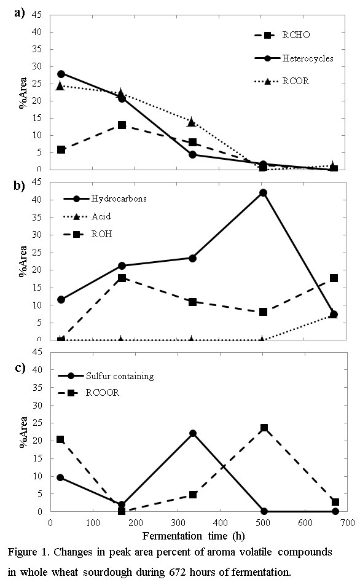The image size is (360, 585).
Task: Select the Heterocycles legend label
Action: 308,58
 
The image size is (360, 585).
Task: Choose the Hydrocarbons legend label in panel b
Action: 119,198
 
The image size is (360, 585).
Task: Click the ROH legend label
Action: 101,234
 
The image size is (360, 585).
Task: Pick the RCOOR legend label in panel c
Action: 102,393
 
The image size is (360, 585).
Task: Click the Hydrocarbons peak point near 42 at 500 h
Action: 263,193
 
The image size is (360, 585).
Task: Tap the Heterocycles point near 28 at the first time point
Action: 61,74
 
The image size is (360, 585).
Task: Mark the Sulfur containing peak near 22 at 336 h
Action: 193,434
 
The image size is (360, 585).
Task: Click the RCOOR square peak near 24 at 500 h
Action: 264,428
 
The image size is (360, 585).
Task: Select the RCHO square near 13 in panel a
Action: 122,125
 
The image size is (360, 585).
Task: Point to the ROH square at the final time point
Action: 334,278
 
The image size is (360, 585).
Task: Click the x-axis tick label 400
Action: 220,523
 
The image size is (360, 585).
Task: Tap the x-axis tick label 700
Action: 347,523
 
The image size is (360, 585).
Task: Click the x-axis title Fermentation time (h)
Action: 194,536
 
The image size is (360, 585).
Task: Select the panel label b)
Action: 20,186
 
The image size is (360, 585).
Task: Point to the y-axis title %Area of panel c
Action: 23,431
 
